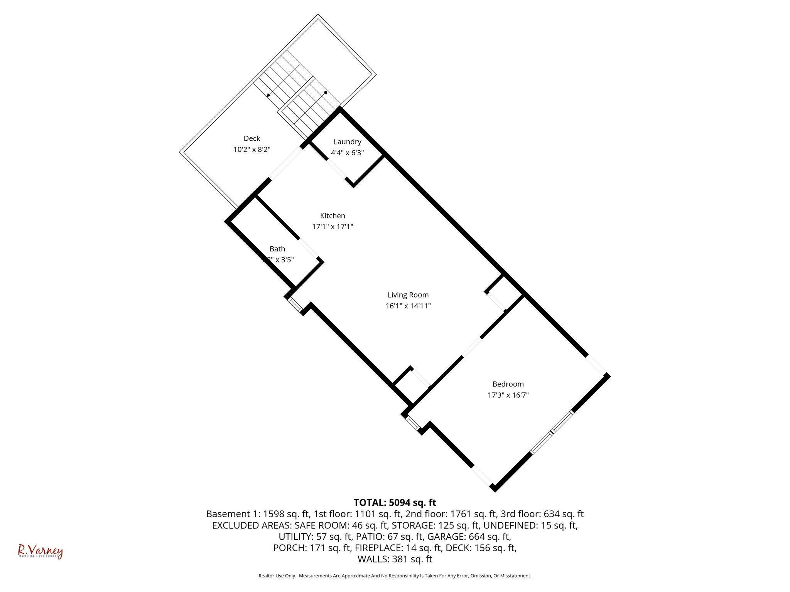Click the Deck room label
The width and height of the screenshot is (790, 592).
coord(252,138)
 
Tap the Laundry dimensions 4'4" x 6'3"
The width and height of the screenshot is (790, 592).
coord(347,153)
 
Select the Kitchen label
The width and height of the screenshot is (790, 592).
coord(333,216)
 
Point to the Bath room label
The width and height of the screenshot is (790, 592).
coord(277,249)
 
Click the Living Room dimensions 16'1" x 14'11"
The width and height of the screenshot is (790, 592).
coord(408,306)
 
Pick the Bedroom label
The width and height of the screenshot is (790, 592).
coord(508,384)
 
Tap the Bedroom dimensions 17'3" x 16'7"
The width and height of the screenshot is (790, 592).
coord(508,395)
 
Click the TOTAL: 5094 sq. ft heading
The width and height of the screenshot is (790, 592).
coord(395,503)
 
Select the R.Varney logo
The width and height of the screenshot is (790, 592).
coord(40,552)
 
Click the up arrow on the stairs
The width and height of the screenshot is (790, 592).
coord(326,92)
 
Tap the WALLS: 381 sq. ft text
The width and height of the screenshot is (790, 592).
coord(395,559)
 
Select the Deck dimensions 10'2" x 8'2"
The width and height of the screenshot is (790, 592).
coord(252,150)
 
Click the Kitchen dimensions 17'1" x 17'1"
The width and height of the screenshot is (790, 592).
coord(333,227)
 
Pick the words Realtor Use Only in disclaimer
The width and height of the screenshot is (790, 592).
coord(276,576)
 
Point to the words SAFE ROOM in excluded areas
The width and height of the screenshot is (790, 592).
coord(321,525)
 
